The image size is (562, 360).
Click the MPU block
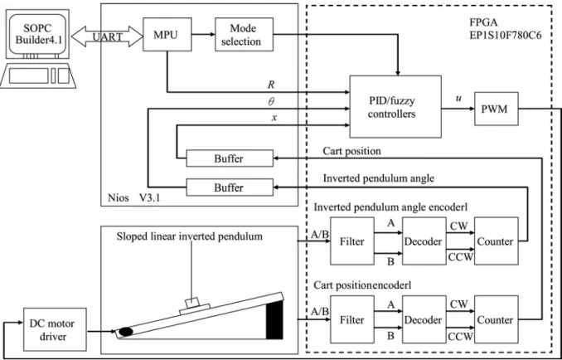(167, 34)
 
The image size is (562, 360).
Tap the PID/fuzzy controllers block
(395, 106)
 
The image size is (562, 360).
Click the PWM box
(496, 109)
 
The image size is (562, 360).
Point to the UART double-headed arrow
(107, 36)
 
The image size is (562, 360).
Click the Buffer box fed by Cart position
(230, 158)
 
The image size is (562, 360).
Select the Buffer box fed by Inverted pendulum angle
(230, 187)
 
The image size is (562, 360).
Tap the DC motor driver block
(55, 329)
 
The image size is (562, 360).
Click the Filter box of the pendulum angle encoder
(352, 241)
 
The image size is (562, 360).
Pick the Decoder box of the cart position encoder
(424, 320)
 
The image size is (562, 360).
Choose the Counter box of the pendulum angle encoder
(496, 241)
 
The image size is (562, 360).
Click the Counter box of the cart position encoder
(496, 320)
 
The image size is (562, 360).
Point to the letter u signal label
(458, 99)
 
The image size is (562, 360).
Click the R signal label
(271, 85)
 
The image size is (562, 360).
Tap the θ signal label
(271, 102)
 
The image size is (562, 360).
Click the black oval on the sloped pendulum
(126, 332)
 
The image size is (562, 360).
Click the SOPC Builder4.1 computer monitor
(37, 33)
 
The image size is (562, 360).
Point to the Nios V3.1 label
(133, 198)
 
